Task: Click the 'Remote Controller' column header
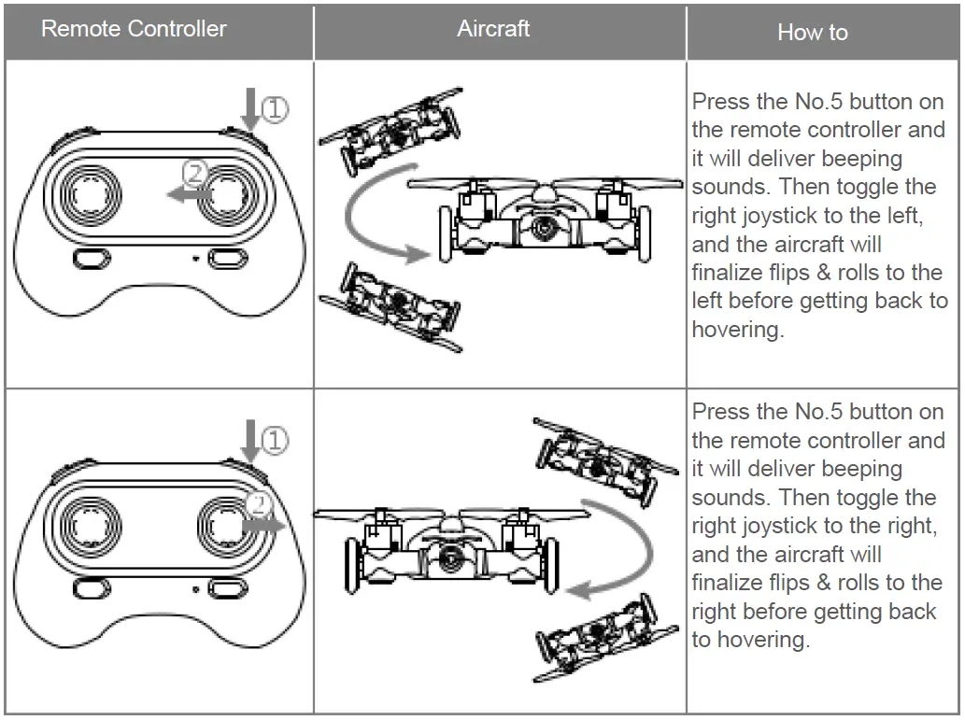pos(134,28)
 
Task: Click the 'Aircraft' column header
pos(493,28)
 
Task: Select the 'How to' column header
pos(812,32)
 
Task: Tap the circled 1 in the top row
pos(276,110)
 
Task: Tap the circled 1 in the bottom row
pos(276,440)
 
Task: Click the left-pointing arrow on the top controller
pos(187,193)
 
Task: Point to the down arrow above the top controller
pos(250,107)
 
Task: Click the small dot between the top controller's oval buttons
pos(195,258)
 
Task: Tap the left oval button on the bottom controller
pos(92,588)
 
